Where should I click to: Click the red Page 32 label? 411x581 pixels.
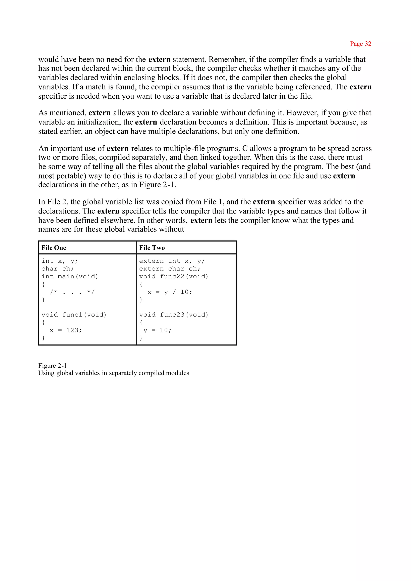coord(360,44)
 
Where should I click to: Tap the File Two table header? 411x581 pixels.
coord(152,248)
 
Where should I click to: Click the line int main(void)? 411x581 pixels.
coord(70,276)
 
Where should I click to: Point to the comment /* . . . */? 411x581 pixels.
coord(72,292)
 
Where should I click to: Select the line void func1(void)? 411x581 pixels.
coord(74,315)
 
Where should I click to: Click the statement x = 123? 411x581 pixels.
coord(66,330)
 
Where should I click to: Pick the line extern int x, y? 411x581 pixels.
coord(172,261)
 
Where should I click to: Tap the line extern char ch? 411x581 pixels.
coord(170,269)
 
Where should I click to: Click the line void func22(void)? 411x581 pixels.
coord(174,276)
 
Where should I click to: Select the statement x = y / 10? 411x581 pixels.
coord(170,292)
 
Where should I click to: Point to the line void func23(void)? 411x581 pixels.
coord(174,315)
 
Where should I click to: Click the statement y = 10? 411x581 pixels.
coord(157,330)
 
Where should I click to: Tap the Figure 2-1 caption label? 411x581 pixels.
coord(52,366)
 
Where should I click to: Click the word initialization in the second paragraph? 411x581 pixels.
coord(99,122)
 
